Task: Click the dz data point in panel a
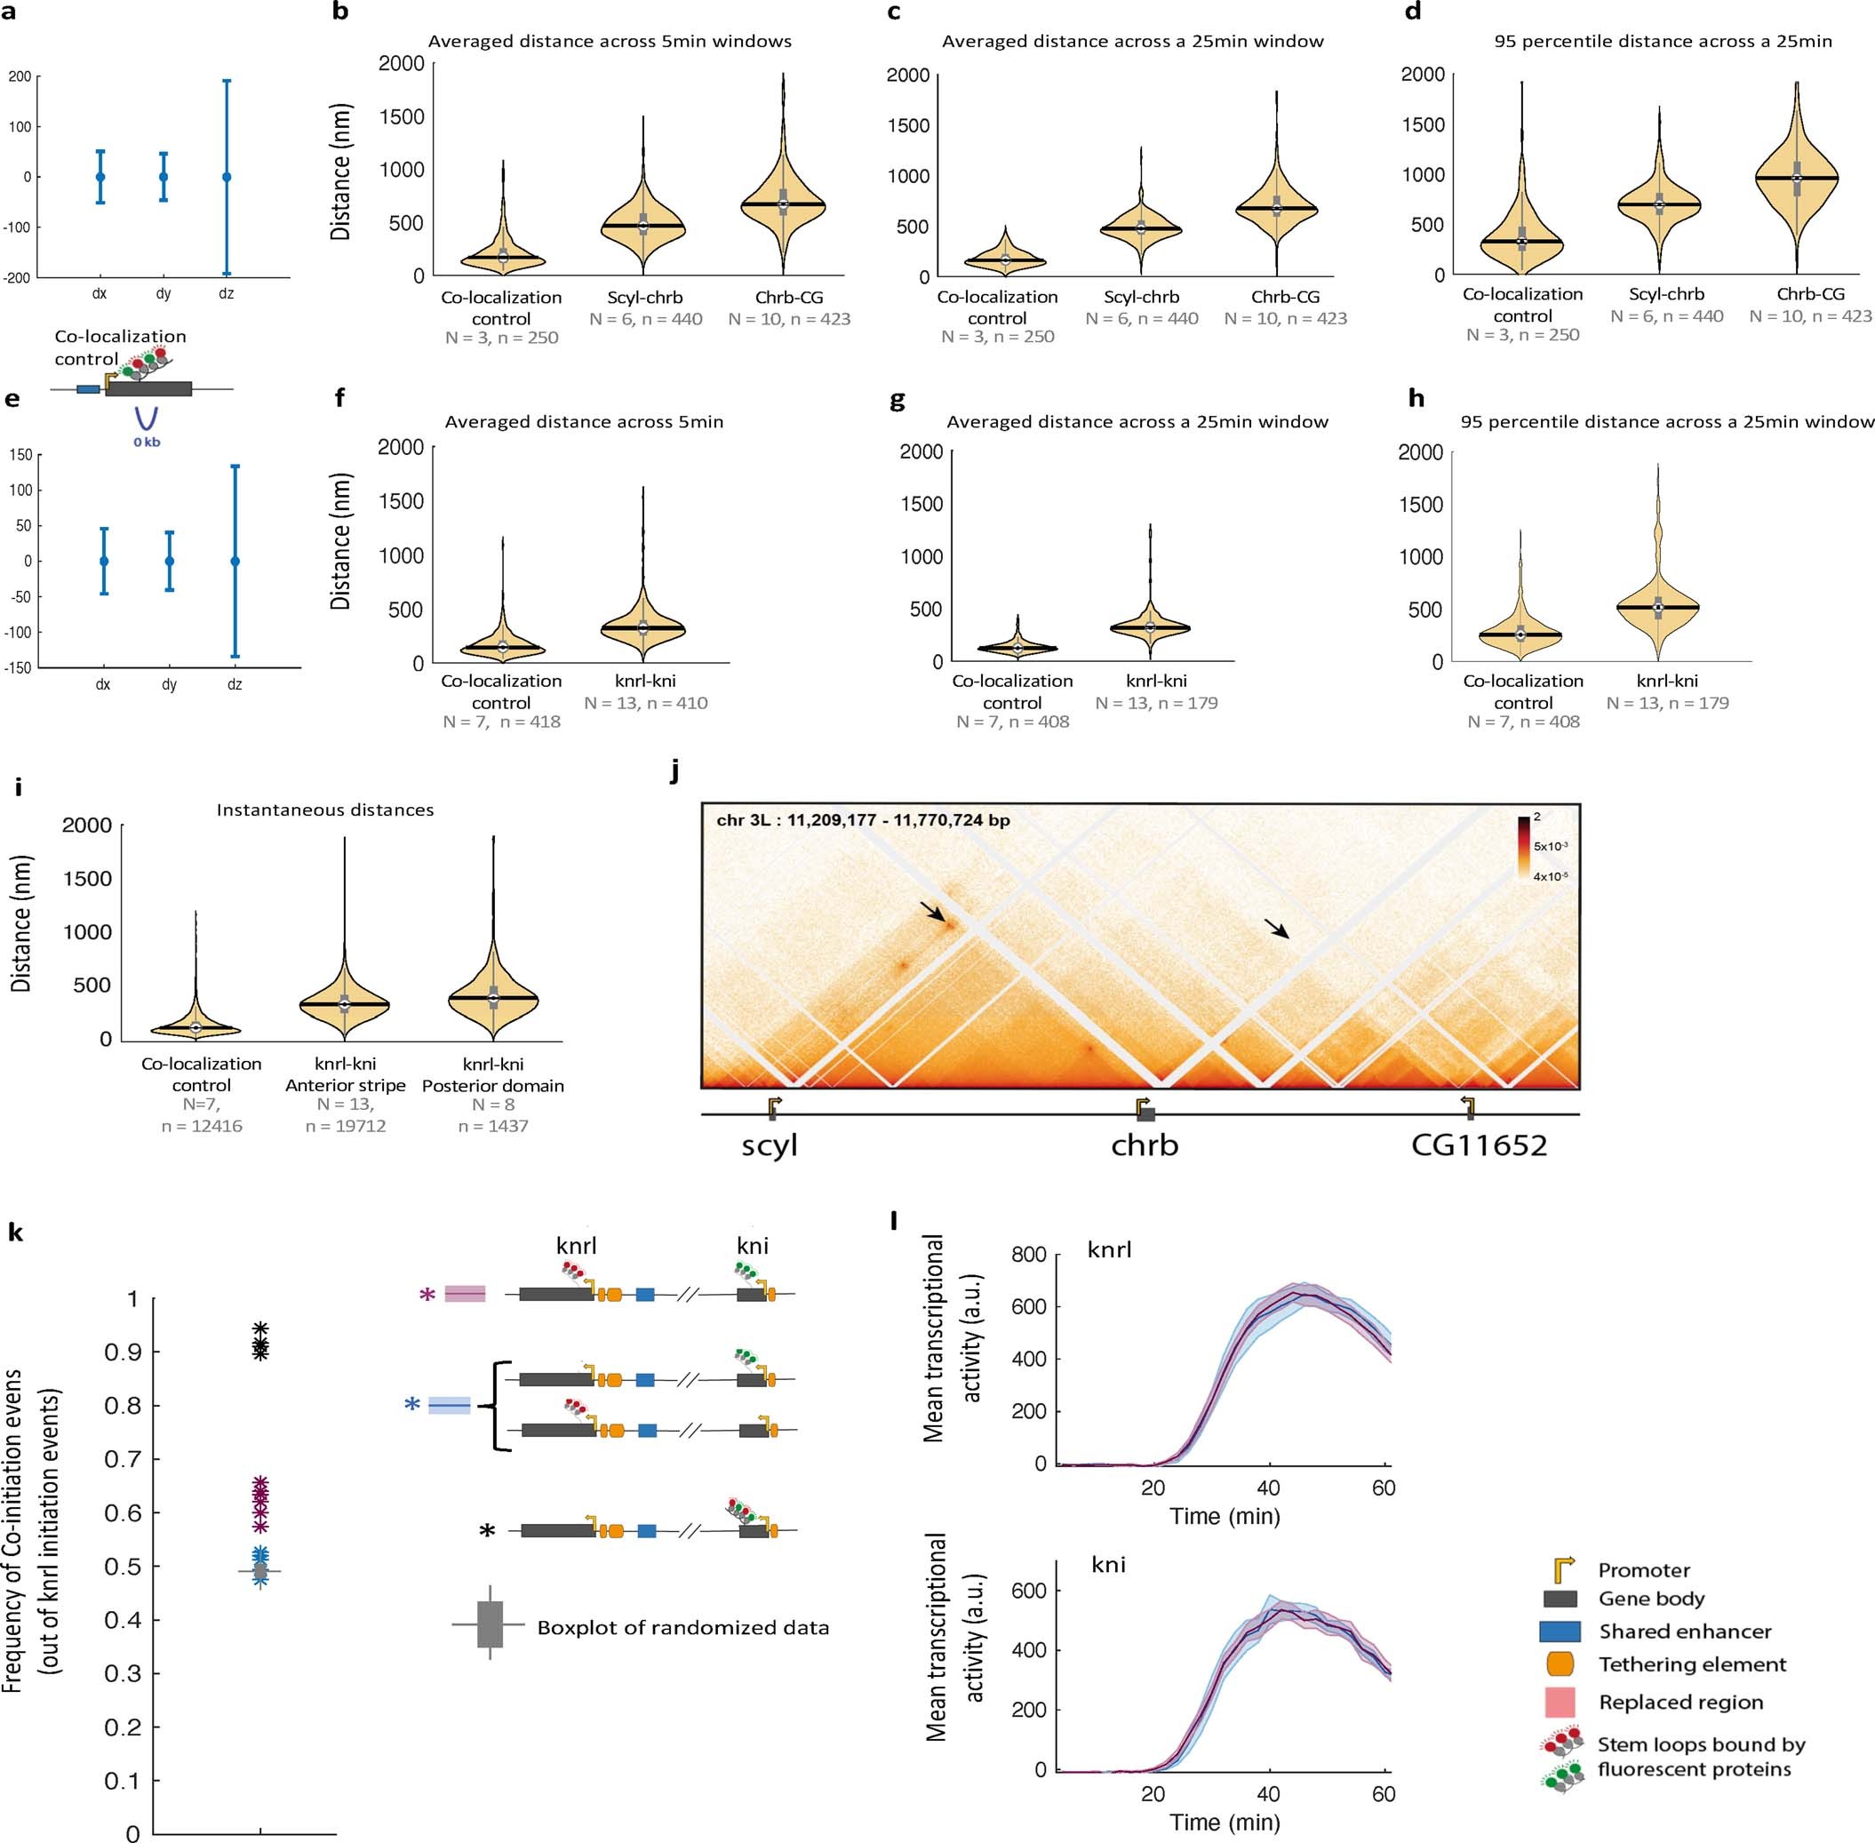227,177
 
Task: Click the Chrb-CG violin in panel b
783,204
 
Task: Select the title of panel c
1132,42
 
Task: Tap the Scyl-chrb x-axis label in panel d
1666,294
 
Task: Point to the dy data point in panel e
170,561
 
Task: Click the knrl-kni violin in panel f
642,627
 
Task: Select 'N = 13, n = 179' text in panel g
1156,703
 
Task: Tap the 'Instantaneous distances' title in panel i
325,810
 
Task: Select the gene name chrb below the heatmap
1145,1146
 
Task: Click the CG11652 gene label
1478,1146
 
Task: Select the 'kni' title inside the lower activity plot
1108,1564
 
